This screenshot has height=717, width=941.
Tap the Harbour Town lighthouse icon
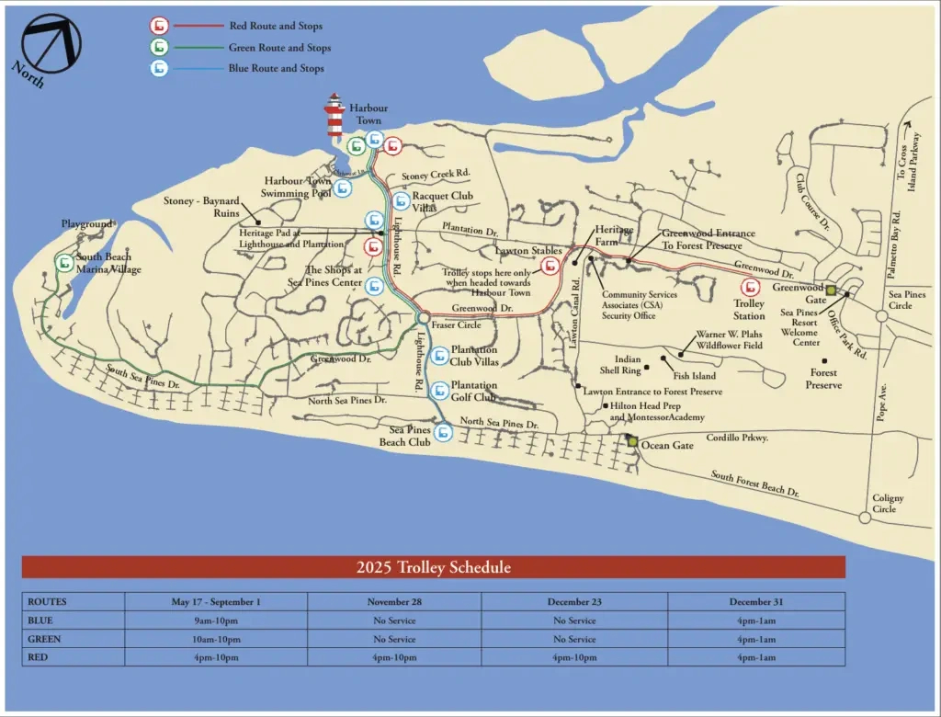point(334,115)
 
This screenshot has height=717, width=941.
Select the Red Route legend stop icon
point(160,26)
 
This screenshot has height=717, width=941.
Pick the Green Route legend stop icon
point(160,47)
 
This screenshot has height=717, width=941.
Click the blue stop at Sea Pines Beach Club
point(444,431)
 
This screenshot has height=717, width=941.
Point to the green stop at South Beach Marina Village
point(64,263)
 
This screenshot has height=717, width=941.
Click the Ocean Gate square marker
point(632,442)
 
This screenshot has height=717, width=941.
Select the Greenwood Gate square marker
point(831,290)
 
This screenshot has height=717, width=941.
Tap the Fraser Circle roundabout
point(422,318)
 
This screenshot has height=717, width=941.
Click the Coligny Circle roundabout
point(865,518)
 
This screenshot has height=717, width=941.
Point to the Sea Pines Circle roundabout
point(881,315)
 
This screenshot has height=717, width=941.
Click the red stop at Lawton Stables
point(550,267)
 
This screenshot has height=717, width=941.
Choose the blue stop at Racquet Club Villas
point(401,201)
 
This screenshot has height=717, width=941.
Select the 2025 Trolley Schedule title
point(433,567)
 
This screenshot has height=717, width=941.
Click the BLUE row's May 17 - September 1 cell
point(216,620)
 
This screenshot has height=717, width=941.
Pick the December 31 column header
point(756,602)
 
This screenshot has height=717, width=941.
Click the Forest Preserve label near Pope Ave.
point(823,379)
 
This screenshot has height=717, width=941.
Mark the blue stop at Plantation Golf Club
point(440,391)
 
